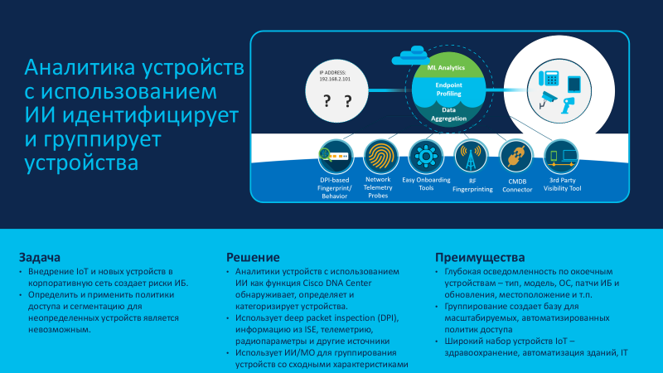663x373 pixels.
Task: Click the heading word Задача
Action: click(39, 257)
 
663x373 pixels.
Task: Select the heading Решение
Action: click(253, 257)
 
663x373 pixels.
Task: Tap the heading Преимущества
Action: click(480, 257)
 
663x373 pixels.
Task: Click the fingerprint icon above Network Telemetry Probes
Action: click(380, 156)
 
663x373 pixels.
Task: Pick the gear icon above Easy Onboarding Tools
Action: click(426, 156)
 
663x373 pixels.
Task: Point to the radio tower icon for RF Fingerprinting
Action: click(471, 156)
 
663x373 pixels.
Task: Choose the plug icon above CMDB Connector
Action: click(515, 156)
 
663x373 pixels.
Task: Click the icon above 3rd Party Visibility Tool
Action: click(561, 156)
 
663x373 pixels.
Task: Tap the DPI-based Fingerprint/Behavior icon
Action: click(336, 156)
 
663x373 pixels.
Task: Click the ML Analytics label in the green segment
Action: click(446, 68)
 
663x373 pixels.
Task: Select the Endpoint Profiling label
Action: click(448, 90)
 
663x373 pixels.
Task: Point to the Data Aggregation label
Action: click(448, 114)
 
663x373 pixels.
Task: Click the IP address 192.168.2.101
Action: click(335, 79)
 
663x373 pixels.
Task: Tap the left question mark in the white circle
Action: click(327, 100)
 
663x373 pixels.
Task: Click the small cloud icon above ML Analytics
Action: click(410, 56)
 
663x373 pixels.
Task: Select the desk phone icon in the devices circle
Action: click(549, 78)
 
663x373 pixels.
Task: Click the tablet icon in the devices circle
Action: click(573, 85)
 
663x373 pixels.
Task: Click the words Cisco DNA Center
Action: click(337, 283)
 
